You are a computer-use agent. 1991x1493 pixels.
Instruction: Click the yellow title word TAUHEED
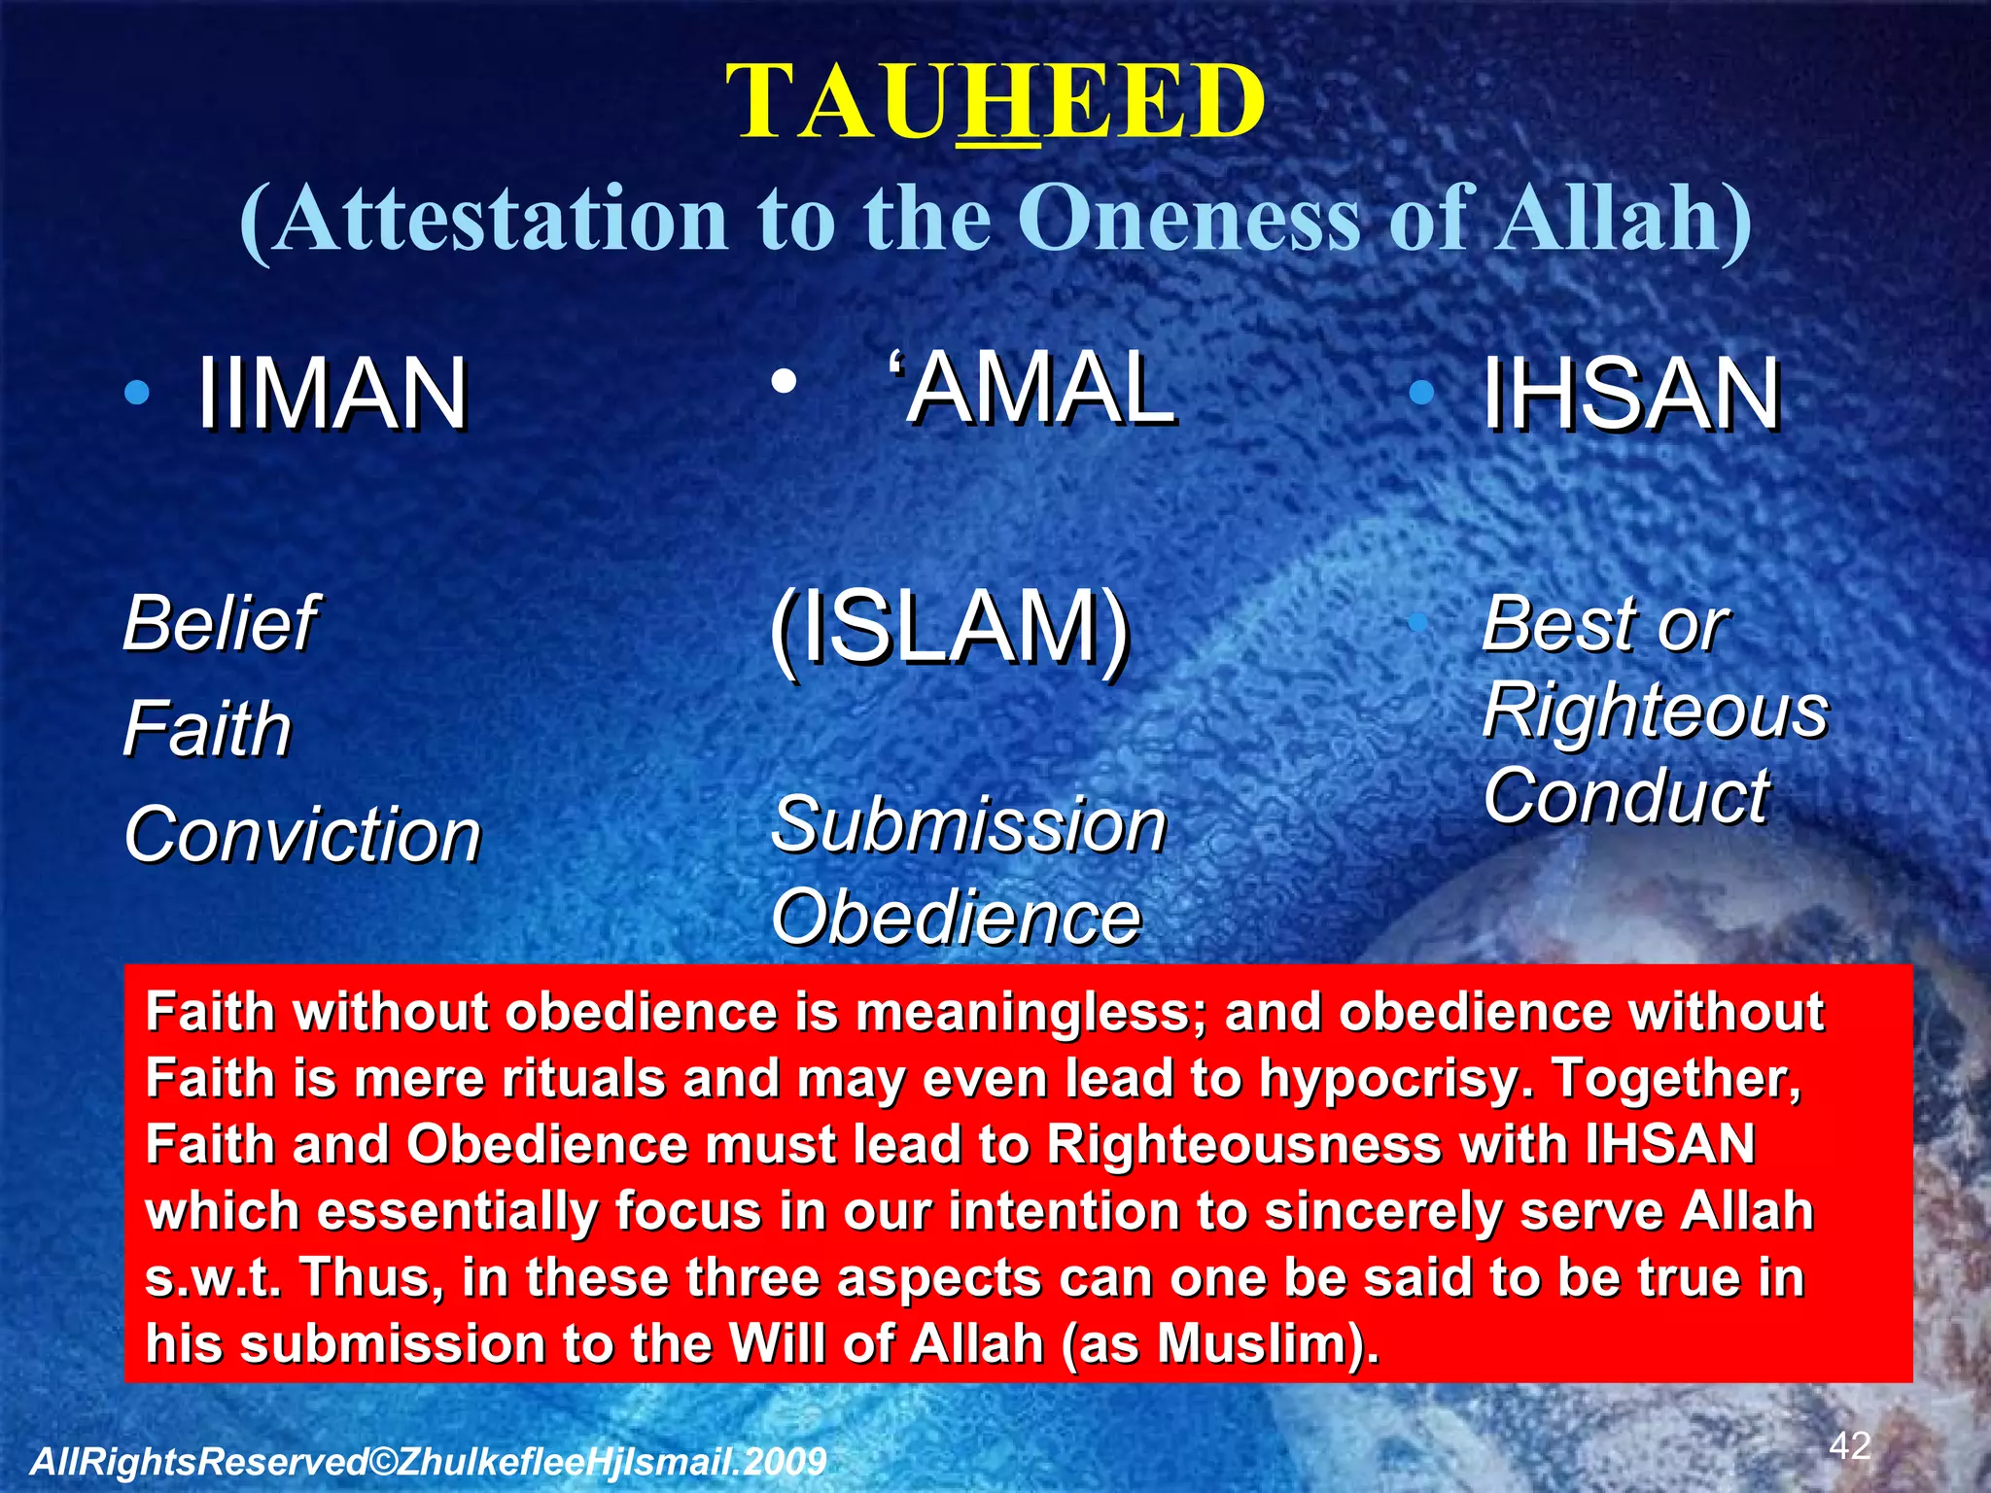tap(995, 102)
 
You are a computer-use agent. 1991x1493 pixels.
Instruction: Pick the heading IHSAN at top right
tap(1630, 394)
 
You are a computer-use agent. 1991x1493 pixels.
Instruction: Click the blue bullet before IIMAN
tap(137, 393)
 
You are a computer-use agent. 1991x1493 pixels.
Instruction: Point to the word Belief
tap(220, 623)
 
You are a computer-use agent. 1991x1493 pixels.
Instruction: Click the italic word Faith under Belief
tap(207, 729)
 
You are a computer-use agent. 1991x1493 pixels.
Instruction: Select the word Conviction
tap(302, 835)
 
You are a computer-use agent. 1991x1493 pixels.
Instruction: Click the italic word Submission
tap(968, 825)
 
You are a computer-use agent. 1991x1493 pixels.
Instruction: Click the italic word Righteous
tap(1655, 710)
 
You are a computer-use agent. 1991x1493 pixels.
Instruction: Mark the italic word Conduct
tap(1625, 796)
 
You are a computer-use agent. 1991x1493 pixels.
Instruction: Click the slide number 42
tap(1849, 1445)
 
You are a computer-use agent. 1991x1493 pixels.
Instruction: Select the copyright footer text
tap(428, 1461)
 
